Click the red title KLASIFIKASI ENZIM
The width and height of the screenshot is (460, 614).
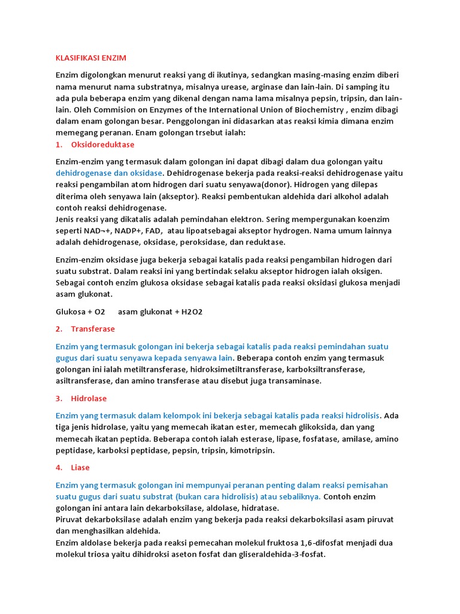tap(91, 58)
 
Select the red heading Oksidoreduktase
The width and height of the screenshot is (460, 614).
tap(102, 145)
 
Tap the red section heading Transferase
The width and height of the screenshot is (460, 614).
tap(93, 329)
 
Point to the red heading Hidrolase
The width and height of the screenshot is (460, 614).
tap(89, 398)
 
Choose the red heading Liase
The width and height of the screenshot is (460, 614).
tap(80, 467)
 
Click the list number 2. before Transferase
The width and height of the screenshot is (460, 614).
tap(59, 329)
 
